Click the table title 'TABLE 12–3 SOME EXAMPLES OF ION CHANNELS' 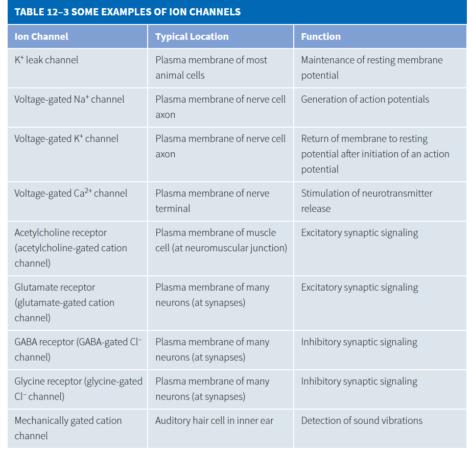[x=128, y=12]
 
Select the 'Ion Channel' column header [x=41, y=36]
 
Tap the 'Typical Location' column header [x=192, y=36]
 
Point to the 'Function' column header [x=321, y=36]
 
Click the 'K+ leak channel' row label [x=46, y=60]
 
